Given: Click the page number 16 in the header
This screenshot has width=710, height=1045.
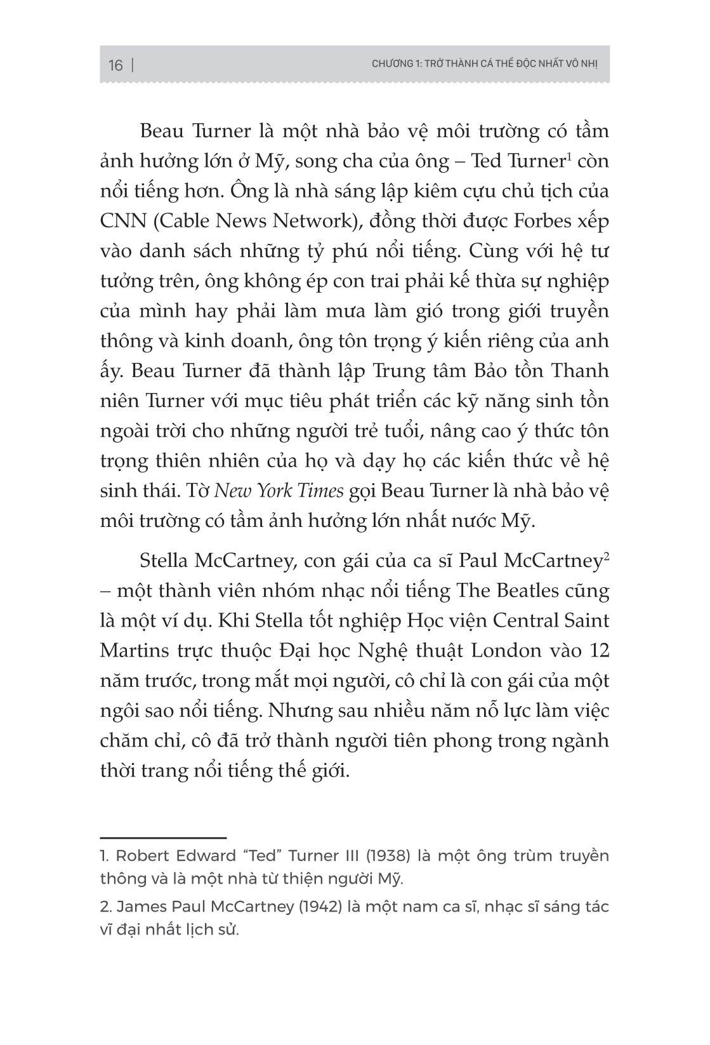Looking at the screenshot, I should (x=115, y=65).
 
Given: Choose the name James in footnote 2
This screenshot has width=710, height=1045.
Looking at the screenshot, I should (x=131, y=907).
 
